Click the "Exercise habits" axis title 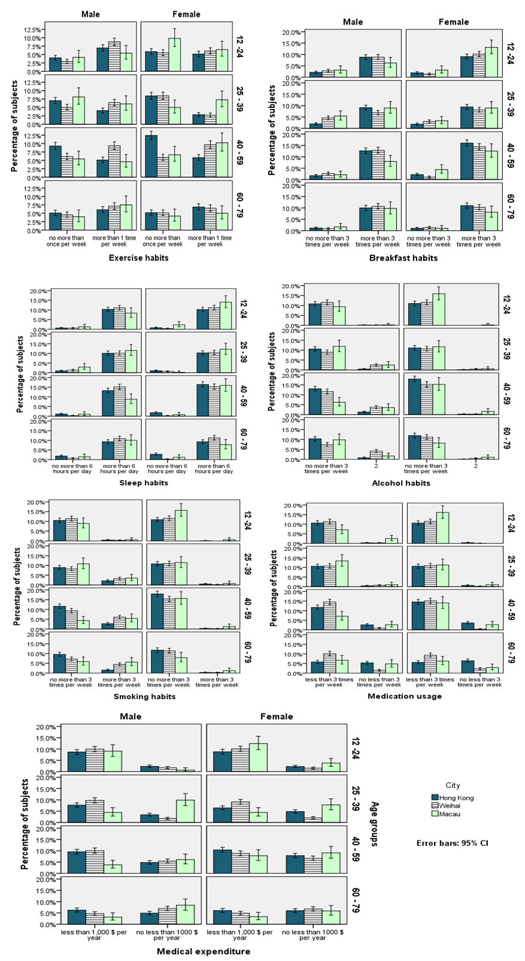pos(138,258)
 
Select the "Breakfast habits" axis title pos(403,258)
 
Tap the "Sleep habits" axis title pos(144,483)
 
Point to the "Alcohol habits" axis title pos(400,483)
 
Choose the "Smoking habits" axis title pos(144,697)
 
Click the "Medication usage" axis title pos(405,696)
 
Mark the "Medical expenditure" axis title pos(204,951)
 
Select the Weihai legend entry pos(450,806)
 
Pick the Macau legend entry pos(450,814)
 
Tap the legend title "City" pos(453,785)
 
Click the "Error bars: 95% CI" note pos(452,843)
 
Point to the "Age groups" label pos(375,824)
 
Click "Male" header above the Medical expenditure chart pos(131,717)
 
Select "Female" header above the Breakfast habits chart pos(453,22)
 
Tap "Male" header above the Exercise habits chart pos(91,14)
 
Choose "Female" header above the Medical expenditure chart pos(277,717)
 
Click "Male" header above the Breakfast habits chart pos(353,22)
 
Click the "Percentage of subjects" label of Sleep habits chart pos(20,374)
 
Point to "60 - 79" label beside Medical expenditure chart pos(356,901)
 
